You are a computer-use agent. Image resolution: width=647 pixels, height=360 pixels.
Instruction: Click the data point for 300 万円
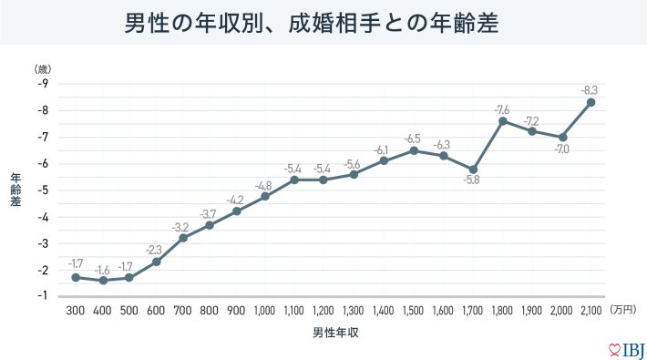(x=75, y=277)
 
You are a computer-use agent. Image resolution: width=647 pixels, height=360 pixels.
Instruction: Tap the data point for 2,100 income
(x=591, y=102)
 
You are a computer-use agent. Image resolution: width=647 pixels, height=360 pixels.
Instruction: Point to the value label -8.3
(x=589, y=89)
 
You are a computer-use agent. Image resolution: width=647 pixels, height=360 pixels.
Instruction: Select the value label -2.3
(x=154, y=250)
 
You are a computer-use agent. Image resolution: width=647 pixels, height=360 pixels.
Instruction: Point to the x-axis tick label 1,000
(x=265, y=311)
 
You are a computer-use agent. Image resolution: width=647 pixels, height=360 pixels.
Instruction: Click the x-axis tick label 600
(x=156, y=311)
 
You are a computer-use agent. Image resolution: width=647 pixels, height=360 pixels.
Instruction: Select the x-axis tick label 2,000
(x=562, y=311)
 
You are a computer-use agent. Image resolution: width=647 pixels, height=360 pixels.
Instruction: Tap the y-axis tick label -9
(x=43, y=84)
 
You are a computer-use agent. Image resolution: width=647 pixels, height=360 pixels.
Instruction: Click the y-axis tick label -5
(x=43, y=190)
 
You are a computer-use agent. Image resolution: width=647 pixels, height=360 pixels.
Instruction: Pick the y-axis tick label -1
(x=43, y=296)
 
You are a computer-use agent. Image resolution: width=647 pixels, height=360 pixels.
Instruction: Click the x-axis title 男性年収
(x=333, y=333)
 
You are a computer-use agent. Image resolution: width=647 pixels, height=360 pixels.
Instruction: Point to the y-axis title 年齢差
(x=15, y=190)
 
